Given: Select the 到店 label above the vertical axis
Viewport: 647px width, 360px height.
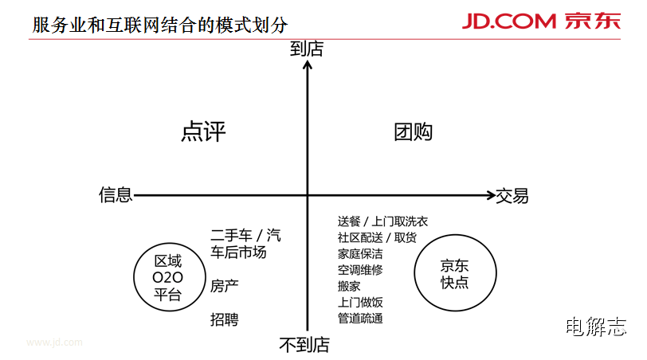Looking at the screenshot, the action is (307, 49).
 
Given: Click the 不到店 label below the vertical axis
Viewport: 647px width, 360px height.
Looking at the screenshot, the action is (304, 345).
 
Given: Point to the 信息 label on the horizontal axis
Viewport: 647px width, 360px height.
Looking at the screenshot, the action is (116, 195).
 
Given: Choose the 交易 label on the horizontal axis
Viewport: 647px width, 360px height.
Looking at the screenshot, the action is (512, 195).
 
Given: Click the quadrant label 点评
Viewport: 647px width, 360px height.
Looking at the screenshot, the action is (203, 131).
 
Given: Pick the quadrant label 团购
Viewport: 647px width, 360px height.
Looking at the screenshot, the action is (413, 131).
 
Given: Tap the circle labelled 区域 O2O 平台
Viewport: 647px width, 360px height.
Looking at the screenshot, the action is (167, 278).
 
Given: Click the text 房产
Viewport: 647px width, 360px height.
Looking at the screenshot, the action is (225, 285).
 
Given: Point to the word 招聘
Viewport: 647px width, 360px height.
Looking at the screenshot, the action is (225, 319).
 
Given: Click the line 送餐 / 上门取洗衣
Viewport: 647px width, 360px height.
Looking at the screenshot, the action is (382, 221).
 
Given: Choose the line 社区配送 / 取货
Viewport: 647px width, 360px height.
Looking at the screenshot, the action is (377, 237).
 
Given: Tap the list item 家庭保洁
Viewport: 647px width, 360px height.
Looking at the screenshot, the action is (360, 254).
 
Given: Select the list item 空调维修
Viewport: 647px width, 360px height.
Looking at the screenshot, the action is (360, 270).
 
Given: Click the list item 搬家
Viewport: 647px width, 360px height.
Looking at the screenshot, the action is (349, 286).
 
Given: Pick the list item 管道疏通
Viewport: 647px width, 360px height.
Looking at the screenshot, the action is (360, 319).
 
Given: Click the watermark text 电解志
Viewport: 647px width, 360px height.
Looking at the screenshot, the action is (595, 326).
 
